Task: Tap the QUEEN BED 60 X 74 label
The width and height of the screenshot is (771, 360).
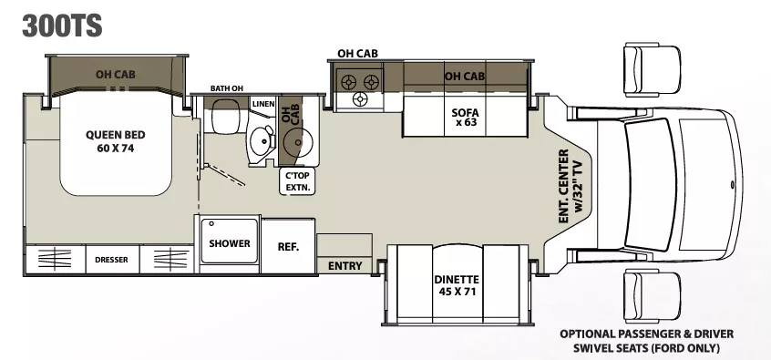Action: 109,141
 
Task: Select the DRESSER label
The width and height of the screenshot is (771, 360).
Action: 111,260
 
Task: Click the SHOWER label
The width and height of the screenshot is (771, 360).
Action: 223,243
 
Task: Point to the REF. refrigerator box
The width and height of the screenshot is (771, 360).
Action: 289,244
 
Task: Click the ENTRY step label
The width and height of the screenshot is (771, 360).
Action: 344,266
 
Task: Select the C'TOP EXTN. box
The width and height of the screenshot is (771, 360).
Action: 299,181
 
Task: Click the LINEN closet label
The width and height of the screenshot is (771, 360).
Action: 263,105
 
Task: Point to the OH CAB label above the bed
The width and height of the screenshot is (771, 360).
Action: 116,74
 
